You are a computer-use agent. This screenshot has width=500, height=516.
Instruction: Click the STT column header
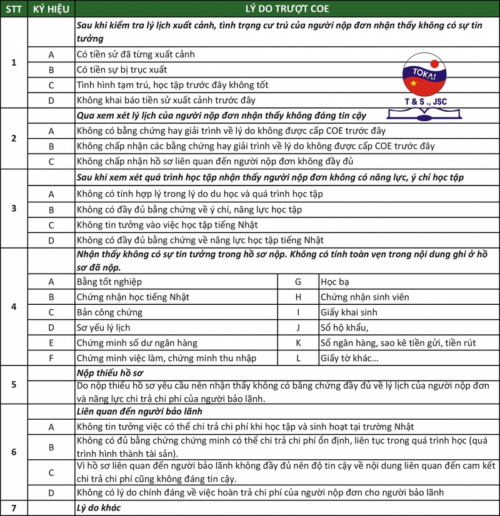click(x=14, y=9)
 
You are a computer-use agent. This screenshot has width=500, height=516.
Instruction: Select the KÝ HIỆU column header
click(x=51, y=9)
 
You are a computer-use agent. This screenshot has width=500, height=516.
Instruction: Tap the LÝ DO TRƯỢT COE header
click(x=287, y=9)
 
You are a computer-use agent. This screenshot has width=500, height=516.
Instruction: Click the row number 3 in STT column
click(x=14, y=208)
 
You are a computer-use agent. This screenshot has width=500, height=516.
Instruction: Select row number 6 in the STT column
click(x=14, y=452)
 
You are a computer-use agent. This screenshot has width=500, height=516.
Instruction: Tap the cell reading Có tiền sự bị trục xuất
click(x=122, y=69)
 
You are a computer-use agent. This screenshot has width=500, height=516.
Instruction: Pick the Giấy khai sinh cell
click(x=349, y=312)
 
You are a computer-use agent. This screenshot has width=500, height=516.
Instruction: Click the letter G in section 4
click(x=298, y=282)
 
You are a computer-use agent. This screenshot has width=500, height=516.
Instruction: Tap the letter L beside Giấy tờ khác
click(x=298, y=358)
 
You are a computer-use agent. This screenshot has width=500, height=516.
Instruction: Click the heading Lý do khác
click(x=98, y=508)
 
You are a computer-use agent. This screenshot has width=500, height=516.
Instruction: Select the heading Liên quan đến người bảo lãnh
click(x=139, y=412)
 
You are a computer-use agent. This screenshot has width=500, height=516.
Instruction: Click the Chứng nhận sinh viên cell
click(x=364, y=297)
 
